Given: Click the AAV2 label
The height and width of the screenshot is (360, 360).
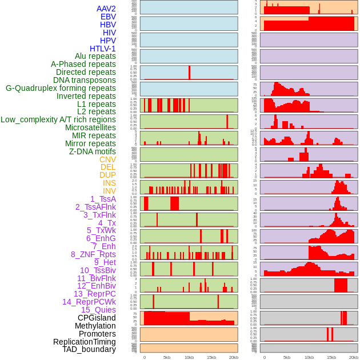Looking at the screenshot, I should coord(106,9).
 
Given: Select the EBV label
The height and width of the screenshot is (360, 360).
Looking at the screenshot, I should coord(108,17).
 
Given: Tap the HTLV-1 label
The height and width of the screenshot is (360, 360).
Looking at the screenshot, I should coord(103,49).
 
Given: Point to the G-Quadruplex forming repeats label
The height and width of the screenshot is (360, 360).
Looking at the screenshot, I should coord(61,88).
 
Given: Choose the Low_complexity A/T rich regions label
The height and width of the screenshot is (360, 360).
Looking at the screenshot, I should coord(58,119).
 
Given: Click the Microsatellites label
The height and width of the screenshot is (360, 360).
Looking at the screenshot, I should coord(90,127).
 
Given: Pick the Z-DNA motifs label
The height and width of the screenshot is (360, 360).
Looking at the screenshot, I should coord(93,151).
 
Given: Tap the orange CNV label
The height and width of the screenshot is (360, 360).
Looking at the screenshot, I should coord(107,159).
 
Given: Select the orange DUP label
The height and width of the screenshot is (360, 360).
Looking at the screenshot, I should coord(107,175).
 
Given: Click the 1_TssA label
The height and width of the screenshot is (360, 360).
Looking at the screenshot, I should coord(103,199).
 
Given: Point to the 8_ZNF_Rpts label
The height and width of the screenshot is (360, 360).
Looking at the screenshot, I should coord(93,254).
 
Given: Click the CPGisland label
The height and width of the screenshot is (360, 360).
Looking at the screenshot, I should coord(97,318).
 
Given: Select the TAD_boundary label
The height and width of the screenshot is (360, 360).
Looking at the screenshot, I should coord(89,349).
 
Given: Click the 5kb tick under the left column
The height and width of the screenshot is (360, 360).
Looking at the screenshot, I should coord(167,357).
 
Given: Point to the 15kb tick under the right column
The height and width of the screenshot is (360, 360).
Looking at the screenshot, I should coord(331,357).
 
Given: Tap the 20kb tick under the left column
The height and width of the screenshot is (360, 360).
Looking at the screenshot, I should coord(233,357).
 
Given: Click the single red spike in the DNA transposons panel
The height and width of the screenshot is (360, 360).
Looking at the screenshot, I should coord(189,73).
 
